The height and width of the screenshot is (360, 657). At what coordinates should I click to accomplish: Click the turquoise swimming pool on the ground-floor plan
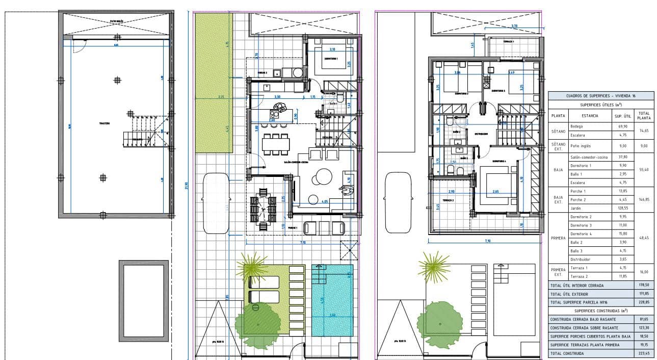click(332, 300)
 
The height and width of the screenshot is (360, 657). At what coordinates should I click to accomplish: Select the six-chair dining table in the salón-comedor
click(275, 144)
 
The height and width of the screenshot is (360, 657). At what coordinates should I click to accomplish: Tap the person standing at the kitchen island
click(279, 107)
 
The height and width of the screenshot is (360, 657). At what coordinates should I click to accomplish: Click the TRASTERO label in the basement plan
click(106, 123)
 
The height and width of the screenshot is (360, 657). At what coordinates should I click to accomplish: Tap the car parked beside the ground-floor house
click(214, 201)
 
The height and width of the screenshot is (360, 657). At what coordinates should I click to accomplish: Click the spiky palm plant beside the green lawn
click(252, 265)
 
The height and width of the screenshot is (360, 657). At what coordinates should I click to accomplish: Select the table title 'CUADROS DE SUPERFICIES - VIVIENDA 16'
click(600, 96)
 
